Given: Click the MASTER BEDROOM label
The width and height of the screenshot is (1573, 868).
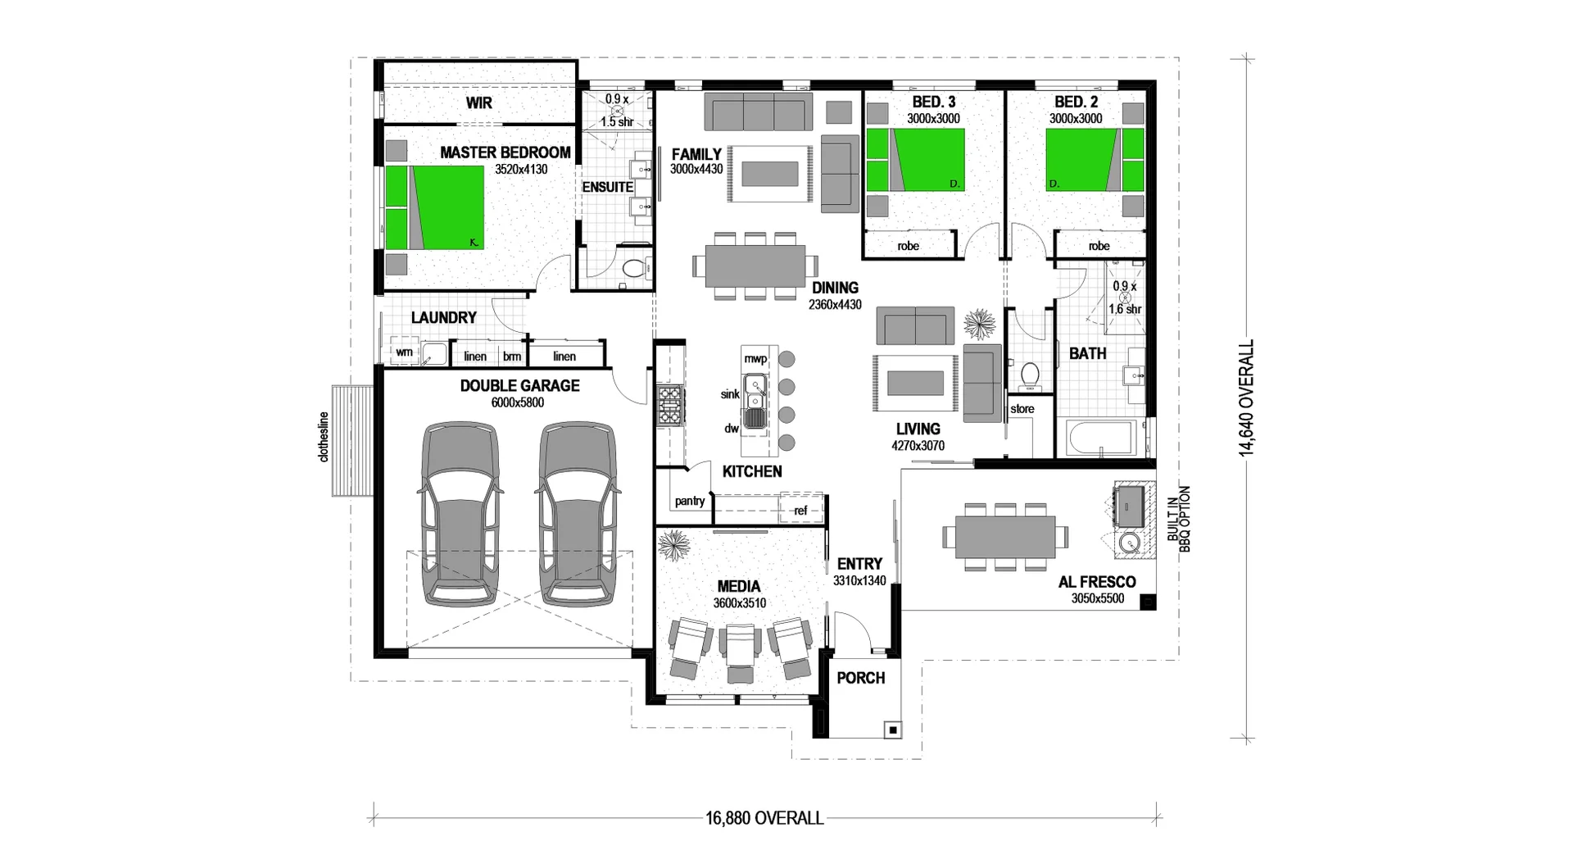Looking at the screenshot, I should tap(505, 152).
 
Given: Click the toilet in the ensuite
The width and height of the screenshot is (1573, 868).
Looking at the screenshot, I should tap(632, 268).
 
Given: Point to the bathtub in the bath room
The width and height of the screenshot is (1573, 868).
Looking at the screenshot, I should tap(1099, 439).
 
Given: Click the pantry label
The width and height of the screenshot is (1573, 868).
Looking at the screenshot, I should tap(690, 501).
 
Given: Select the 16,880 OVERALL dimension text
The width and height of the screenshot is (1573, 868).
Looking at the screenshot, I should tap(764, 818).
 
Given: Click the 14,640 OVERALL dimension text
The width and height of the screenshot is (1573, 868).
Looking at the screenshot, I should tap(1246, 398).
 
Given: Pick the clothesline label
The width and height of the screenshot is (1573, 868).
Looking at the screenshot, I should tap(324, 436).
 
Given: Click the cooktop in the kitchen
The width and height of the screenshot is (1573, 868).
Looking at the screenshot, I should tap(670, 405).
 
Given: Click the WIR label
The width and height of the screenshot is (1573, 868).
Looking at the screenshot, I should tap(479, 103).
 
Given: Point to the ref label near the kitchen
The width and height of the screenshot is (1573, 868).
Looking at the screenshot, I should tap(800, 510).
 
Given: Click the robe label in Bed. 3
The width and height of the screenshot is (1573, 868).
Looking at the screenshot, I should tap(908, 246).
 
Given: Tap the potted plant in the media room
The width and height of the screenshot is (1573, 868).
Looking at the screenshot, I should tap(675, 543).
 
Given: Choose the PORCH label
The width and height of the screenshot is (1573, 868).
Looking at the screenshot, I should tap(861, 678).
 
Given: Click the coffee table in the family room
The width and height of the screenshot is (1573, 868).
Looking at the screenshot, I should tap(769, 174).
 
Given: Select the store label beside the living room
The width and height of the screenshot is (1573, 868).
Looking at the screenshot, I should tap(1022, 409).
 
